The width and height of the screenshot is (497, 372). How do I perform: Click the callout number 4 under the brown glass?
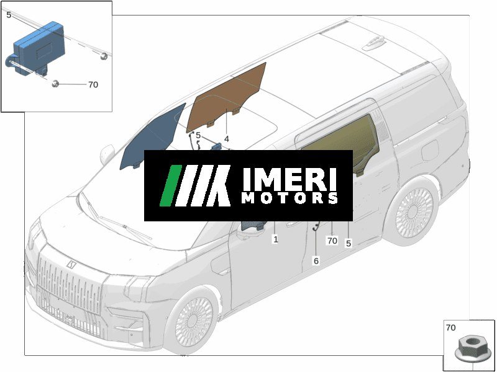[226, 139]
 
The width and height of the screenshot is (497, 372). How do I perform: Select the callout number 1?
[275, 239]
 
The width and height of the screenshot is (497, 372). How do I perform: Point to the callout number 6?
[316, 261]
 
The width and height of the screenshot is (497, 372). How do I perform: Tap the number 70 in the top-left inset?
[93, 85]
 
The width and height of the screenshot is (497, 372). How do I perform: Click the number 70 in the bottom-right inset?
[450, 328]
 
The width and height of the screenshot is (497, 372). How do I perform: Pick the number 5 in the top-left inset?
[9, 15]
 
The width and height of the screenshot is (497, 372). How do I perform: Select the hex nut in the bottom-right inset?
[473, 350]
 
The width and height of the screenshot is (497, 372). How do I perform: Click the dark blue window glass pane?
[153, 136]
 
